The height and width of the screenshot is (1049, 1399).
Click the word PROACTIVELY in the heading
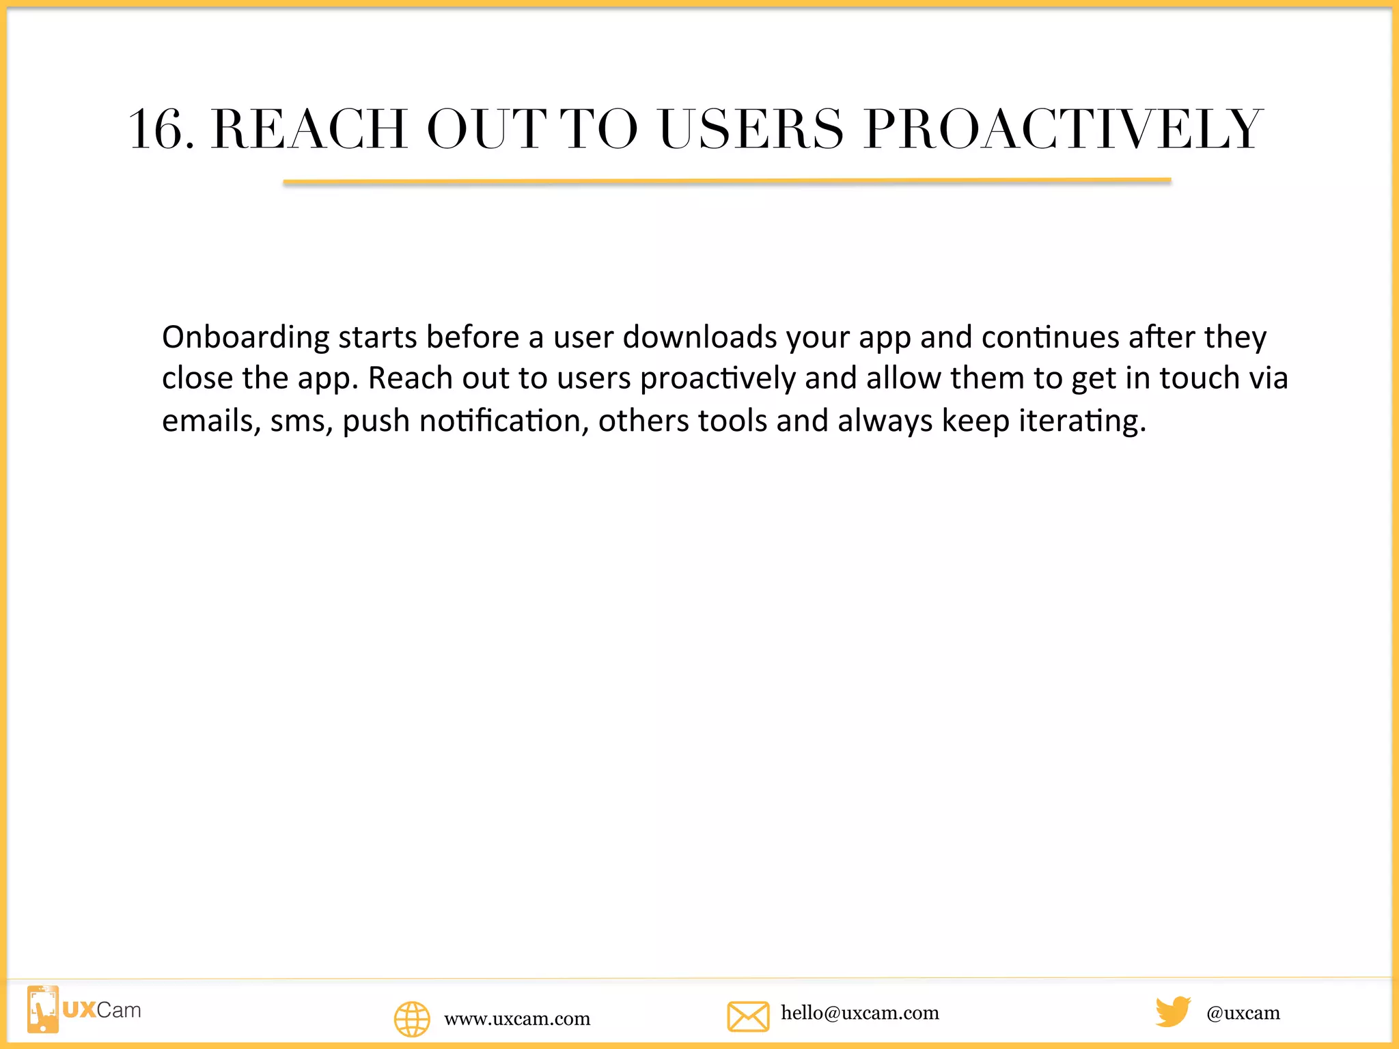[x=1063, y=130]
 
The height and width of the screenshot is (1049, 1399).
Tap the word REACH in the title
[x=309, y=130]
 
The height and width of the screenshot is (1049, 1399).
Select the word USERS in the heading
[x=751, y=130]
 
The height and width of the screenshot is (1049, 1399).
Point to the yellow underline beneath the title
[x=727, y=182]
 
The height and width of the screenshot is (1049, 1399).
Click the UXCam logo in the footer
[x=84, y=1009]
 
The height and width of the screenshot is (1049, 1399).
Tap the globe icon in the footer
[x=412, y=1019]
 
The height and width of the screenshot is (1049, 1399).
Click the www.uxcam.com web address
[x=517, y=1019]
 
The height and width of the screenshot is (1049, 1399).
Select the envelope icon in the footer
[x=748, y=1016]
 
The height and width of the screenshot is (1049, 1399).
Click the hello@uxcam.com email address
[x=860, y=1013]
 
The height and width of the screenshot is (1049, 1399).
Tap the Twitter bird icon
[x=1172, y=1011]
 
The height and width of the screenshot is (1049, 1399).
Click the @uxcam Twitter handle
[x=1243, y=1013]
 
